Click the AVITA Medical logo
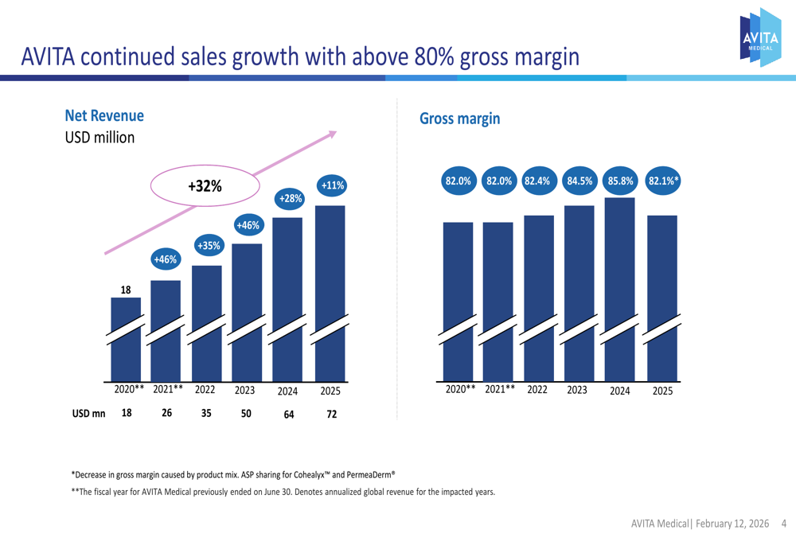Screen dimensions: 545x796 pos(760,37)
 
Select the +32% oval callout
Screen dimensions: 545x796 pos(205,186)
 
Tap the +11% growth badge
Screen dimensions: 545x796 pos(332,186)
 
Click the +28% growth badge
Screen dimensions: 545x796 pos(289,197)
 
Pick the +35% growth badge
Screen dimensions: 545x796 pos(209,246)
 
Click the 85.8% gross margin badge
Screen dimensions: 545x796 pos(621,181)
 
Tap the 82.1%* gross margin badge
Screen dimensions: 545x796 pos(663,181)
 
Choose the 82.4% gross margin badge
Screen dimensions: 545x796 pos(538,181)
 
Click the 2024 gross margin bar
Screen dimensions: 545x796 pos(620,286)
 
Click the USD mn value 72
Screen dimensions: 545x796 pos(332,415)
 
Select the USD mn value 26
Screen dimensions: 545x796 pos(167,413)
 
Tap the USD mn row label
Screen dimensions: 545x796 pos(88,414)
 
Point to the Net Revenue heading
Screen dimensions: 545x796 pos(104,115)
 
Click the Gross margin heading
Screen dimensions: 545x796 pos(459,119)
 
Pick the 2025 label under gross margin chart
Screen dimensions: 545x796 pos(662,391)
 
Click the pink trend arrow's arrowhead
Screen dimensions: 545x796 pos(331,134)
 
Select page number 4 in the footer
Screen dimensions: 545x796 pos(784,524)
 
